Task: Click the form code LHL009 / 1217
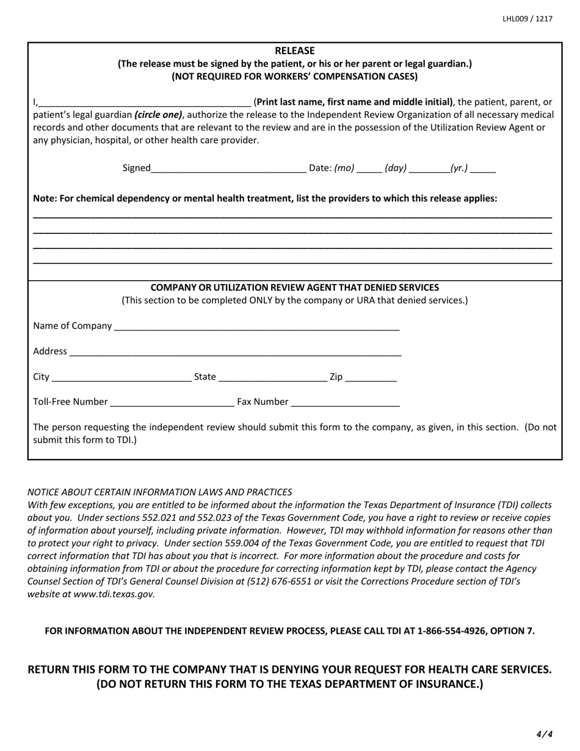click(527, 19)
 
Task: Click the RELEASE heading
click(294, 51)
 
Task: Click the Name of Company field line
click(256, 327)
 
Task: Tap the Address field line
click(235, 352)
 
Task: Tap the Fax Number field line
click(346, 402)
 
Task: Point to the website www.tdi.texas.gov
click(114, 593)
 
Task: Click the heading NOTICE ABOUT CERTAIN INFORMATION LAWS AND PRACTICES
click(160, 492)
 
